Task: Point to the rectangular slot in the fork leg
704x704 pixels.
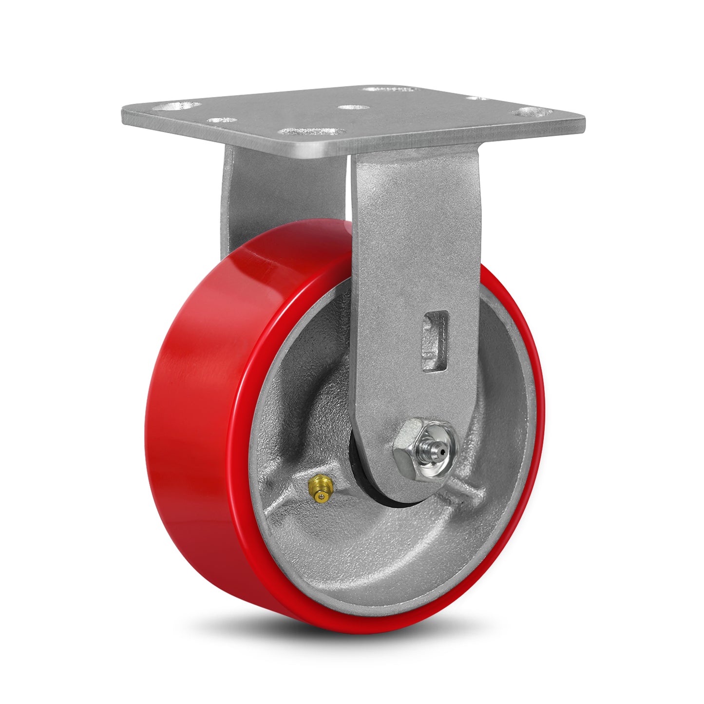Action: [434, 341]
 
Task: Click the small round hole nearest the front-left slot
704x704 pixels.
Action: [222, 119]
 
